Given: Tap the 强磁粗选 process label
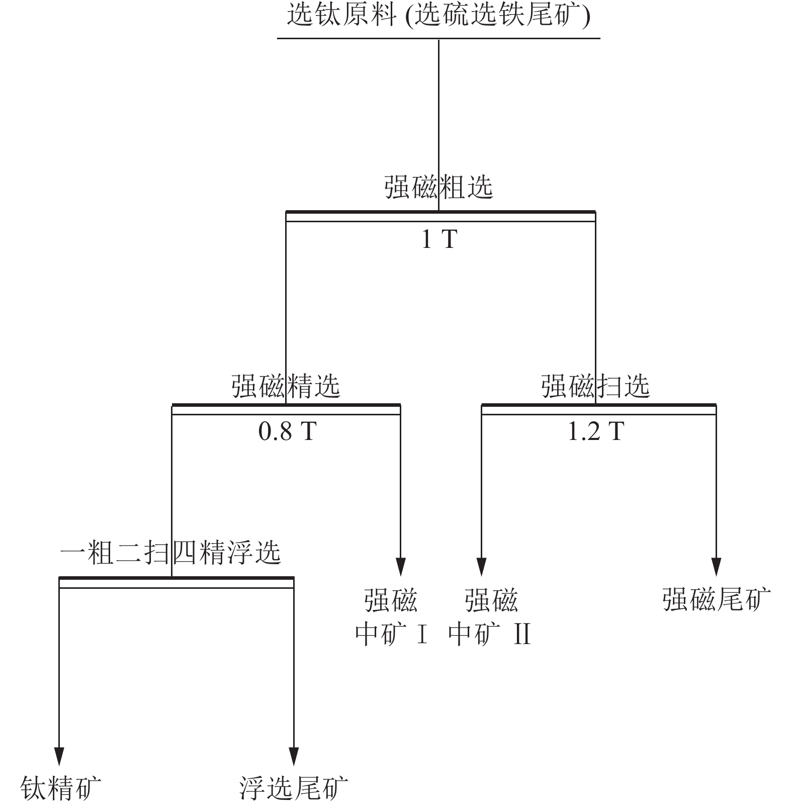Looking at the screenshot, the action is click(x=438, y=187).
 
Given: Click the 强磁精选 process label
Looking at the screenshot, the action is click(x=286, y=386).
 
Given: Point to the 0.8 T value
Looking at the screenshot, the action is click(x=288, y=431).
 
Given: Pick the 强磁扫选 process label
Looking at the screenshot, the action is click(x=595, y=386).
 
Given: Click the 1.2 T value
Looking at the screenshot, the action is click(x=596, y=431).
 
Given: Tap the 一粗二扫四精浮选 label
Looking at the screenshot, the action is click(x=170, y=553).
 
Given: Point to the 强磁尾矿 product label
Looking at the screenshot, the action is click(x=717, y=599).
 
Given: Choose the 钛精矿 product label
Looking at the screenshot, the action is click(x=60, y=787).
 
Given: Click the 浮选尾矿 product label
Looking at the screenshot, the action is click(x=294, y=787).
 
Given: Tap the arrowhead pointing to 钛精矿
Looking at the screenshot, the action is click(x=59, y=757).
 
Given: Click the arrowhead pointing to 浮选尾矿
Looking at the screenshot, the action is click(x=294, y=757).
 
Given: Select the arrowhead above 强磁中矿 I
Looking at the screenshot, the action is click(x=400, y=567).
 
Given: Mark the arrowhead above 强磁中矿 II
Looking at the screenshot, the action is click(x=482, y=567).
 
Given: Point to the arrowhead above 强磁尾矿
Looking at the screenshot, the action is click(x=716, y=567).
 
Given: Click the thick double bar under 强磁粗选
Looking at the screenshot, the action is click(x=441, y=216).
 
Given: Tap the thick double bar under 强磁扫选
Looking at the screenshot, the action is click(x=599, y=409).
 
